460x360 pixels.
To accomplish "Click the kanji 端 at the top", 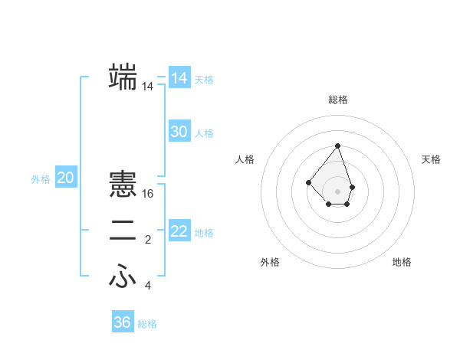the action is [123, 77].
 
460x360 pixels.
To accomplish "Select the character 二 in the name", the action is [123, 232].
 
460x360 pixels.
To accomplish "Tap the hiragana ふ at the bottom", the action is [123, 277].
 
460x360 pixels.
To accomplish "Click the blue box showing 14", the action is [179, 78].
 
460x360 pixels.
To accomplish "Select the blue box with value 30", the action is [179, 132].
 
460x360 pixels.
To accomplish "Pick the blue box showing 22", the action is [179, 231].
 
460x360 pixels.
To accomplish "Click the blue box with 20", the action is [66, 178].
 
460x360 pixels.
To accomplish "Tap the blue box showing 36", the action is [123, 322].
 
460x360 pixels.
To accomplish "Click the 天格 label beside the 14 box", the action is [204, 80].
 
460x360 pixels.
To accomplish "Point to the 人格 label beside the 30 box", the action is [204, 133].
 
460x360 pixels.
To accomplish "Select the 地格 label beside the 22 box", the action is [204, 233].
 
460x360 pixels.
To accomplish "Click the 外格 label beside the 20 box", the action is [41, 179].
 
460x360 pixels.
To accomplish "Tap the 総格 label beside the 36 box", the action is [147, 324].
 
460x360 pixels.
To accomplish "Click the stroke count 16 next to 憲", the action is [149, 194].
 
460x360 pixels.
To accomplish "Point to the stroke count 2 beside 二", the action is [148, 241].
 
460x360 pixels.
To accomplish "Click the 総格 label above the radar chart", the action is [338, 100].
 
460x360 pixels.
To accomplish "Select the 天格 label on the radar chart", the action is [432, 159].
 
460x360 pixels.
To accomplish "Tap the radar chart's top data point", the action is [338, 146].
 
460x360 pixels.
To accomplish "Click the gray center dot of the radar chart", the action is [338, 191].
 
